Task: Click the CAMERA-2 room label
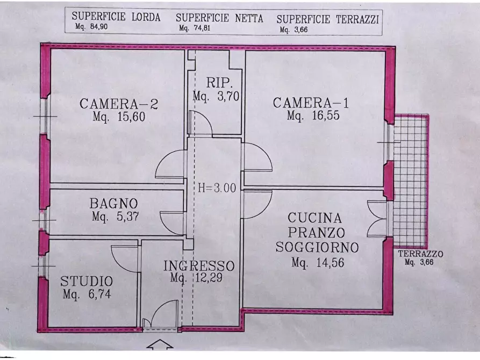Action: pyautogui.click(x=119, y=104)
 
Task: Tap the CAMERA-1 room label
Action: pyautogui.click(x=311, y=103)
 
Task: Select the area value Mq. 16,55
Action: pyautogui.click(x=313, y=116)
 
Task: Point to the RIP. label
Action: pyautogui.click(x=219, y=83)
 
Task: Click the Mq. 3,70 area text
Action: pyautogui.click(x=216, y=97)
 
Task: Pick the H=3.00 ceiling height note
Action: pyautogui.click(x=217, y=189)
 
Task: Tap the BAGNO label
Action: pyautogui.click(x=113, y=204)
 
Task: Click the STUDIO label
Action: pyautogui.click(x=87, y=281)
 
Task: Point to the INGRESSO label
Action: pyautogui.click(x=199, y=266)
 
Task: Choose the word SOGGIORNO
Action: pyautogui.click(x=317, y=247)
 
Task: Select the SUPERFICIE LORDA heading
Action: pyautogui.click(x=116, y=17)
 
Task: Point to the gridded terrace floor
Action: pyautogui.click(x=410, y=180)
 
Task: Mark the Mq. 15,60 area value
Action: pyautogui.click(x=118, y=117)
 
